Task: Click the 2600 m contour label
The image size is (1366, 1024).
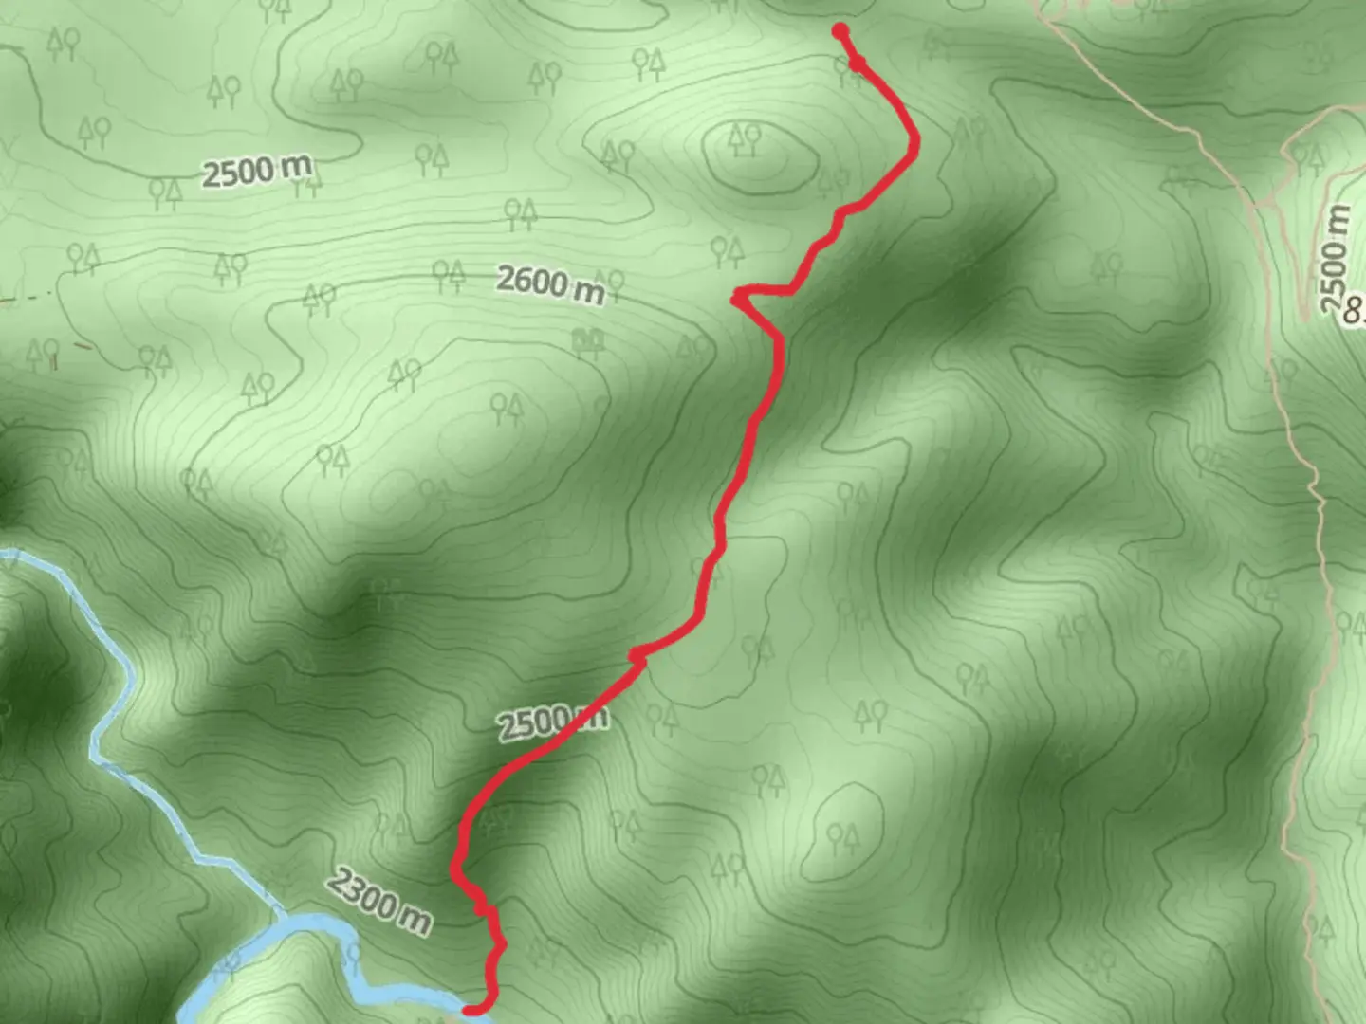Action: [550, 283]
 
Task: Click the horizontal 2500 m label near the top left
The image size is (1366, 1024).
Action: [256, 172]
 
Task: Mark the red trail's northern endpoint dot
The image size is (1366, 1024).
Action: [840, 31]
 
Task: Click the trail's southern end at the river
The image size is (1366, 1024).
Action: [471, 1009]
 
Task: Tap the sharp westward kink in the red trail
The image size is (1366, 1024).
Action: [737, 299]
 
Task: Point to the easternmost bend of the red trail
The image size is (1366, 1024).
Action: [915, 142]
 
